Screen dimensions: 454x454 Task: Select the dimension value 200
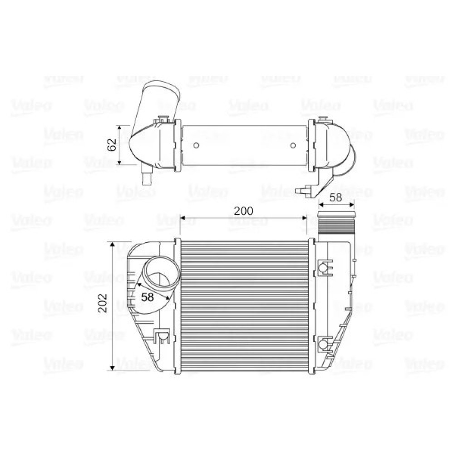[x=243, y=211]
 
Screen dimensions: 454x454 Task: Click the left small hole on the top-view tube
[x=196, y=146]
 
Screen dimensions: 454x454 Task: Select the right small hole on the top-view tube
[x=293, y=146]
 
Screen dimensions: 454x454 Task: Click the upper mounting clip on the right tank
[x=324, y=267]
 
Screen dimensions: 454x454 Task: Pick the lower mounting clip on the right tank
[x=324, y=344]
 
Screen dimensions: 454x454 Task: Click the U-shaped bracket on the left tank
[x=161, y=336]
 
